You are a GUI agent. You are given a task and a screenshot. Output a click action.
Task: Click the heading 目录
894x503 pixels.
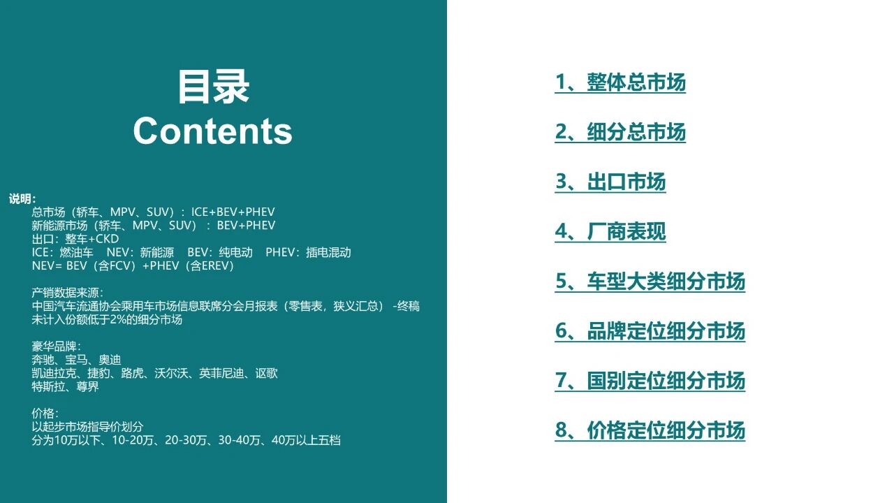213,87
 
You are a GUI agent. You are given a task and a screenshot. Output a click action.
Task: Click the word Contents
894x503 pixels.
212,131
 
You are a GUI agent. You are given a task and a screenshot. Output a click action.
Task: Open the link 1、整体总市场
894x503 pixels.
620,82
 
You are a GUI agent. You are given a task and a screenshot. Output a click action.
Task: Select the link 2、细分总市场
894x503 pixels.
620,132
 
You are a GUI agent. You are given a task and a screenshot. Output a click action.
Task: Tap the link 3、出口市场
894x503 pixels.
610,182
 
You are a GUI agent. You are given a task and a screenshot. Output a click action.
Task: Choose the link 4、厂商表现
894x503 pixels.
610,231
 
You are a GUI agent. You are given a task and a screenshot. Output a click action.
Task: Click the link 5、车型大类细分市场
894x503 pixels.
650,282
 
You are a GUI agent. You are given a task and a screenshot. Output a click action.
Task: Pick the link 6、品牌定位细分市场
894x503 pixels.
650,331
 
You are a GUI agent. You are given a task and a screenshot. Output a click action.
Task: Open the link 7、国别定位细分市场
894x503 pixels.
650,381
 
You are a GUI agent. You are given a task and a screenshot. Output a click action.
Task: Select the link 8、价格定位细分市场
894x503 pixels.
650,430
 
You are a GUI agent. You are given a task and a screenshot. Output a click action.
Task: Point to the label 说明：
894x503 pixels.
23,199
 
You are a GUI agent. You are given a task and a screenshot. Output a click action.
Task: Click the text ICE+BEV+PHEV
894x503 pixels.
233,212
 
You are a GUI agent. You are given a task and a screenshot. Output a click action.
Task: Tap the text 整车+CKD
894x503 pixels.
91,239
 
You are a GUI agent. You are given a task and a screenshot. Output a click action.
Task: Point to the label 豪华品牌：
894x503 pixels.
56,347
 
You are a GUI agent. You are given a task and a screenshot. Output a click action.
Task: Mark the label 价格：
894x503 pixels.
45,414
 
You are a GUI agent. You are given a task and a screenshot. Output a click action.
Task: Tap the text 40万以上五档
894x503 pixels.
306,441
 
